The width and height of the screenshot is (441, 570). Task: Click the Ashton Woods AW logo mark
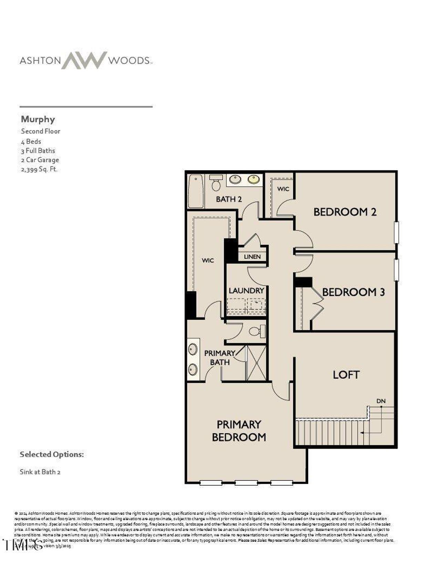[84, 60]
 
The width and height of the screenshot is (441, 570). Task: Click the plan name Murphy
[38, 119]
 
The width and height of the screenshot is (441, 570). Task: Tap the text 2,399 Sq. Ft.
[39, 169]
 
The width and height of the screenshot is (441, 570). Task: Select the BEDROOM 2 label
[345, 212]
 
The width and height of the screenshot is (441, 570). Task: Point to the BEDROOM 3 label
[353, 292]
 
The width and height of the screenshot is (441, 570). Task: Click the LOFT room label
[346, 374]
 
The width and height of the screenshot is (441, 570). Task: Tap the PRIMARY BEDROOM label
[239, 431]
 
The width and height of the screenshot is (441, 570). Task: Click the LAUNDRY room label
[246, 291]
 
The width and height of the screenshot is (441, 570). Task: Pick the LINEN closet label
[252, 257]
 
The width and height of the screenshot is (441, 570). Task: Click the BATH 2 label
[229, 199]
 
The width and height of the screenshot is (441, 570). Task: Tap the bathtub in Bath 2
[196, 191]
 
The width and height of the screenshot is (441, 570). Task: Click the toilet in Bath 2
[216, 184]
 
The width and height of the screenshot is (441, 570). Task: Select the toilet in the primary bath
[256, 331]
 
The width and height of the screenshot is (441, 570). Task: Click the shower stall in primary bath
[256, 363]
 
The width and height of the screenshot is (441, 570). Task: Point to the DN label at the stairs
[381, 401]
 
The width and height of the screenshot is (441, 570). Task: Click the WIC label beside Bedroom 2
[283, 189]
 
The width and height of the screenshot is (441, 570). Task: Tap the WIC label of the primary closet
[208, 261]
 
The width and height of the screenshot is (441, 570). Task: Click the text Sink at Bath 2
[40, 472]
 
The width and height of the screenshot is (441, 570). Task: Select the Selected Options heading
[52, 454]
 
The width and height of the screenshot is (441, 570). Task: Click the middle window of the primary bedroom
[246, 483]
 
